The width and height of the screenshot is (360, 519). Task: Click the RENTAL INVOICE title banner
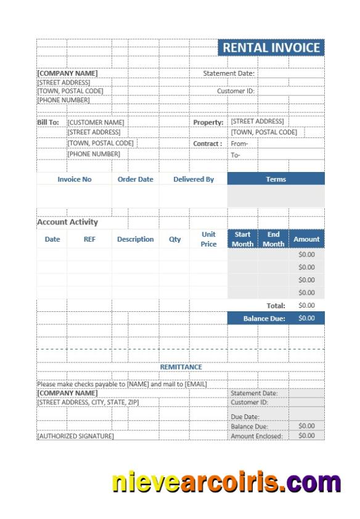point(271,48)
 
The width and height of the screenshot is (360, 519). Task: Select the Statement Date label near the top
point(229,73)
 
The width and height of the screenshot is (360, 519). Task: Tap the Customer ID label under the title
point(235,91)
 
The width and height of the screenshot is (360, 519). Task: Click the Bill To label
point(48,123)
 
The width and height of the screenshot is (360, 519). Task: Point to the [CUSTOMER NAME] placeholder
point(96,123)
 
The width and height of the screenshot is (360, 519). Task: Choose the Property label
point(208,123)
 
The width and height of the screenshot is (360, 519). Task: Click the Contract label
point(208,144)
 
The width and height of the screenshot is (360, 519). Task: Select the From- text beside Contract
point(239,144)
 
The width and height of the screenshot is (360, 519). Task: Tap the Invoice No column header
point(75,179)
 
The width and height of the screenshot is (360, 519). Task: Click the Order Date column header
point(136,179)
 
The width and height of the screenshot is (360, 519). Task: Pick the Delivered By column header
point(194,179)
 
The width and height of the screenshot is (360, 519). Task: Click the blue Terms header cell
point(276,179)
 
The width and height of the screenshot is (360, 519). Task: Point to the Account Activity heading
point(67,223)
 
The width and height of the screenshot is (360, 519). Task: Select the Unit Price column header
point(208,239)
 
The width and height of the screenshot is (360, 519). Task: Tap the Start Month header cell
point(242,239)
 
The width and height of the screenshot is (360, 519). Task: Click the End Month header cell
point(273,239)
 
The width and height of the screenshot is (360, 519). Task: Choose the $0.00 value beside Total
point(306,305)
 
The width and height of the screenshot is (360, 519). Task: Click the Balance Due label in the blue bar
point(264,319)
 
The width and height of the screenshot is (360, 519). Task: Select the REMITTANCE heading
point(181,367)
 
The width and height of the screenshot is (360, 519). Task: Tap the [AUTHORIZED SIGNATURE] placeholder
point(75,436)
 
